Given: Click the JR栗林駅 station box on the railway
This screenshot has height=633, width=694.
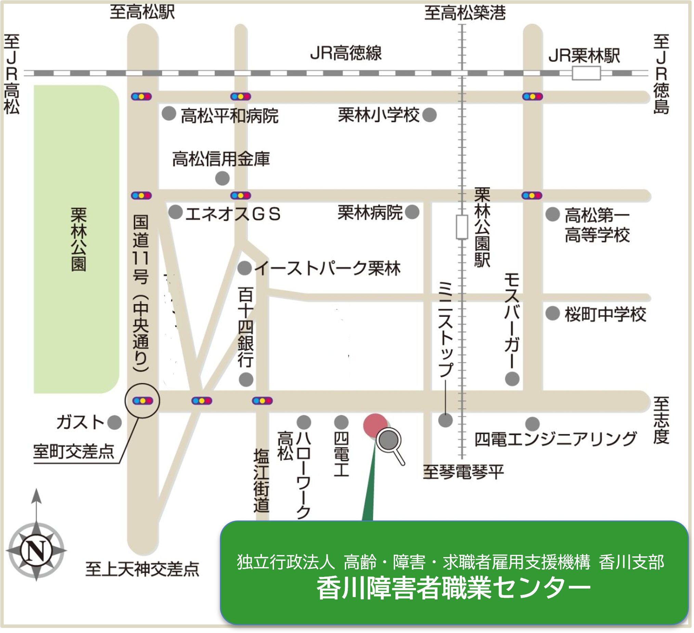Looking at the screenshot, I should [x=586, y=73].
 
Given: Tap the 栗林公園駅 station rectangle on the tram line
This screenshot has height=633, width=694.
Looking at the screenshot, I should [x=462, y=227].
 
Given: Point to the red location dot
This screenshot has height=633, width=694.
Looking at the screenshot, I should [x=375, y=425].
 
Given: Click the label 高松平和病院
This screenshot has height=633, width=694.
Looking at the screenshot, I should [x=230, y=116].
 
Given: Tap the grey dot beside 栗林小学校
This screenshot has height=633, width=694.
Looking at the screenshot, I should [x=429, y=115].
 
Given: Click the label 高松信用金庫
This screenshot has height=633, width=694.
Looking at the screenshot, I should [x=221, y=159].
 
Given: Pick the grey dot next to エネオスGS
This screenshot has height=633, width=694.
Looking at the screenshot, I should [x=175, y=212].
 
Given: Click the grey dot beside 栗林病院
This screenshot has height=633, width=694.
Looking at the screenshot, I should [x=412, y=212].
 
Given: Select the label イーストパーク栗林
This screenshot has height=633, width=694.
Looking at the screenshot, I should [x=327, y=269].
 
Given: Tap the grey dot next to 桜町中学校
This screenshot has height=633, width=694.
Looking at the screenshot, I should [x=552, y=313].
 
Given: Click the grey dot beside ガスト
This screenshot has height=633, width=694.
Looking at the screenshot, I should [x=115, y=422].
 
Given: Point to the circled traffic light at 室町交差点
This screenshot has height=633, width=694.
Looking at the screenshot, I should [x=142, y=401].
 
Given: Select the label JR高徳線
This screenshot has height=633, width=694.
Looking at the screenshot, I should [x=345, y=54].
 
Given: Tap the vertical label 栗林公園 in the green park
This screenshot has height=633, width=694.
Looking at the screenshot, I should [x=78, y=239].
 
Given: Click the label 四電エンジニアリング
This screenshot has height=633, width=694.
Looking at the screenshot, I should [x=555, y=439].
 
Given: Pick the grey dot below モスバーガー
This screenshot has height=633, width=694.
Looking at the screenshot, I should [x=512, y=379].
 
